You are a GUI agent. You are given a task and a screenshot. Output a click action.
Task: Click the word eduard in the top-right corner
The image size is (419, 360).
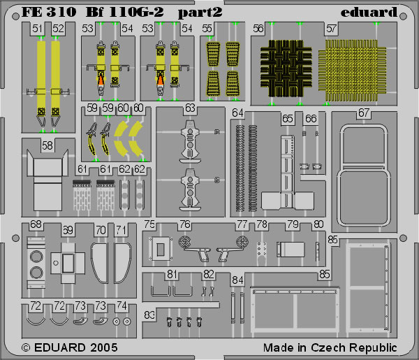[x=369, y=13]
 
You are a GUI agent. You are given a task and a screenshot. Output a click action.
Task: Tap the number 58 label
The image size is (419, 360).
[x=47, y=146]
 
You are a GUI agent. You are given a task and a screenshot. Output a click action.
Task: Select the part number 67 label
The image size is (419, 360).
[x=364, y=113]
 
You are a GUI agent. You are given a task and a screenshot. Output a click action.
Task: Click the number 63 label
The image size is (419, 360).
[x=190, y=108]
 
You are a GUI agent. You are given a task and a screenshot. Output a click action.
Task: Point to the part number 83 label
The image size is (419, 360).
[x=149, y=315]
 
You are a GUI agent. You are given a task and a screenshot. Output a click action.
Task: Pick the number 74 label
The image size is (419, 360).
[x=122, y=305]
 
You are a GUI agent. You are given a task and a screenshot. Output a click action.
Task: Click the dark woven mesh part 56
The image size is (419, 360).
[x=286, y=69]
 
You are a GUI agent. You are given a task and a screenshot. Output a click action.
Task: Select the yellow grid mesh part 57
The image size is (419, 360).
[x=352, y=71]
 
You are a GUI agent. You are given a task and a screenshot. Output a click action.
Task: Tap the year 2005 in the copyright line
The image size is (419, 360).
[x=104, y=347]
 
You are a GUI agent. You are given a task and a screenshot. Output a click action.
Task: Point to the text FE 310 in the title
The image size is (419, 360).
[x=49, y=13]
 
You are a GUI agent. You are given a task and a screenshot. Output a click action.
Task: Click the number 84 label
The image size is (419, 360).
[x=237, y=280]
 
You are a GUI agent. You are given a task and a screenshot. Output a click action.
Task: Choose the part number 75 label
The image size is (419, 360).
[x=149, y=224]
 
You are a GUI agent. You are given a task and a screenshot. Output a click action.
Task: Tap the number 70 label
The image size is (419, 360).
[x=101, y=230]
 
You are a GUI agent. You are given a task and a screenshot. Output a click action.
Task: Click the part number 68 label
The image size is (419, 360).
[x=36, y=224]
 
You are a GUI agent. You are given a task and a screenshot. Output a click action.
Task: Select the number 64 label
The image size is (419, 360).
[x=237, y=113]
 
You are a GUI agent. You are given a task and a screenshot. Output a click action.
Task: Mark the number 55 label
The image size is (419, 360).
[x=207, y=29]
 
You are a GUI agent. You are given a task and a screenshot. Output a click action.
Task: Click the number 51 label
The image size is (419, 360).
[x=38, y=29]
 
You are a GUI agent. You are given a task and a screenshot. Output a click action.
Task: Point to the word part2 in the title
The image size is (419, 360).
[x=200, y=13]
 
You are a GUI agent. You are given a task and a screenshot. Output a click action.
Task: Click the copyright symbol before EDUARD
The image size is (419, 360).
[x=26, y=348]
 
